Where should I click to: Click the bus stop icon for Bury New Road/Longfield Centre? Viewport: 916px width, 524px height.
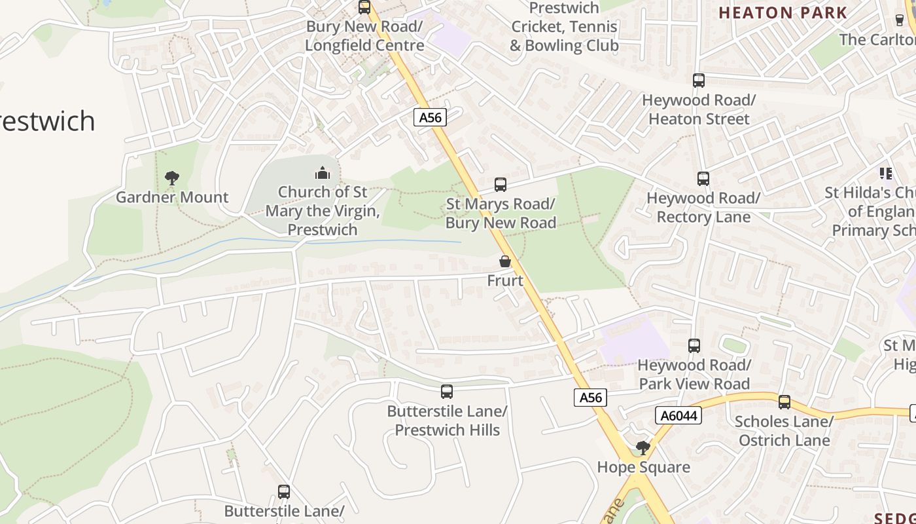[364, 7]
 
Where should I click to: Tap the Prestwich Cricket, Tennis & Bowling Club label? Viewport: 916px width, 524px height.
[564, 27]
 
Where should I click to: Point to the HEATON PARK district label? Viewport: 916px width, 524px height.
[783, 12]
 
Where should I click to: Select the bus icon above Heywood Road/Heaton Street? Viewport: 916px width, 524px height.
[699, 81]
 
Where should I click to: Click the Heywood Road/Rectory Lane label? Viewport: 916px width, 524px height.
[703, 207]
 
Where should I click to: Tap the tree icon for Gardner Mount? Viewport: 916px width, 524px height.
[172, 178]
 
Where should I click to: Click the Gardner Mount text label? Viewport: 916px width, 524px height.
[172, 197]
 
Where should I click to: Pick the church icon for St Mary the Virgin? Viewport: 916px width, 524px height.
[322, 173]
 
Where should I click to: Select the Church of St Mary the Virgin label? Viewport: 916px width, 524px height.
[323, 211]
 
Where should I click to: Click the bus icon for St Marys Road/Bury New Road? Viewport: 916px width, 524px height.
[501, 185]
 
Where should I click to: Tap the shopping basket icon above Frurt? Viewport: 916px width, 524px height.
[505, 261]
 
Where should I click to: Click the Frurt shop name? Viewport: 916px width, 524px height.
[505, 280]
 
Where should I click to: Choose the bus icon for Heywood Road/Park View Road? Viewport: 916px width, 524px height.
[694, 345]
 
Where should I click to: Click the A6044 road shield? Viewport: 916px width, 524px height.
[678, 415]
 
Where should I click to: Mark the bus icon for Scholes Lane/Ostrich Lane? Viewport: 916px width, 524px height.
[784, 402]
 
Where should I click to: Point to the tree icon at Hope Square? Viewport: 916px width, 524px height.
[643, 448]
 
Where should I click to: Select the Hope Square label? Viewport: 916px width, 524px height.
[644, 467]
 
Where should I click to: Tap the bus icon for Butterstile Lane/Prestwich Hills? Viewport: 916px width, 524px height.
[447, 392]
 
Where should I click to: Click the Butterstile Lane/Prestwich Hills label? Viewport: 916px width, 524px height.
[447, 421]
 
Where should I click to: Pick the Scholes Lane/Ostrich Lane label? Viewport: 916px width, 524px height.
[784, 430]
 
